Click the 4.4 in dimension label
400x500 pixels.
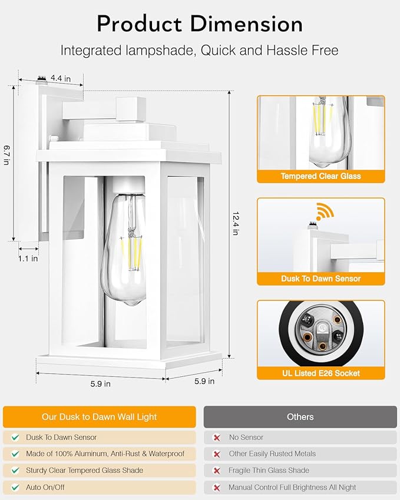(61, 78)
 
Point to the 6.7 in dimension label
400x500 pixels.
(6, 155)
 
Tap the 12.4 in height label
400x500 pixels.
(235, 224)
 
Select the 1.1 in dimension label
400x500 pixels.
(28, 258)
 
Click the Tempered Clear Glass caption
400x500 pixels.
(320, 176)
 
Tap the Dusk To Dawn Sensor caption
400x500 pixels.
(320, 279)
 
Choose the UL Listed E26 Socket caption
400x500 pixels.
(320, 373)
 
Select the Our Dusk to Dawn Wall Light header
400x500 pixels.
(99, 417)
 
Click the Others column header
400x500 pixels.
(300, 417)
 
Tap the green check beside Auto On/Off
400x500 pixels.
(15, 487)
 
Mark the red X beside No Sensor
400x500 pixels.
(216, 438)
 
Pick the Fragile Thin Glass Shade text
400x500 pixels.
(269, 471)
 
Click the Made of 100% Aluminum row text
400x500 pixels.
(105, 454)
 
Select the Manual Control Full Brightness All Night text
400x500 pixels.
(292, 487)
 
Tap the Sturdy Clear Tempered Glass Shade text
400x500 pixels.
(84, 471)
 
